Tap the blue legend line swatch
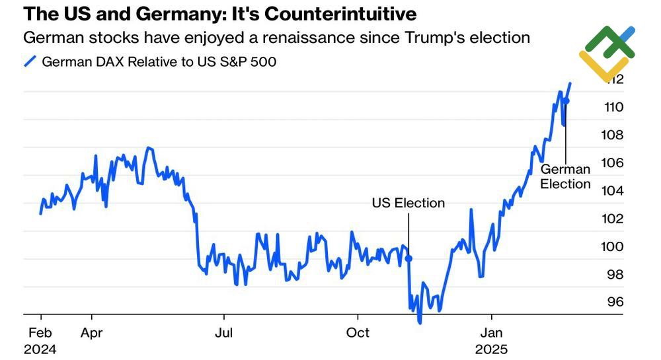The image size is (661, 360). [30, 62]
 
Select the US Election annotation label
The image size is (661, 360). [408, 203]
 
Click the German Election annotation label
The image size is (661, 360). [565, 177]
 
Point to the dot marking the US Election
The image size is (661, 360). [408, 258]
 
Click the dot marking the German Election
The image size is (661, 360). [566, 101]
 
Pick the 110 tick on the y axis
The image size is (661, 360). [613, 107]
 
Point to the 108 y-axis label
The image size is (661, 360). [613, 135]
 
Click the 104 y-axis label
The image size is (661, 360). [613, 191]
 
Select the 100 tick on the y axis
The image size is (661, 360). [613, 246]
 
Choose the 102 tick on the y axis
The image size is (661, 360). [613, 219]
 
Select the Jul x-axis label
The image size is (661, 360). [224, 332]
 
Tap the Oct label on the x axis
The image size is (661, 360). [358, 332]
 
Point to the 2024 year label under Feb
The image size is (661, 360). [40, 348]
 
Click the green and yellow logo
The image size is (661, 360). [607, 53]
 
